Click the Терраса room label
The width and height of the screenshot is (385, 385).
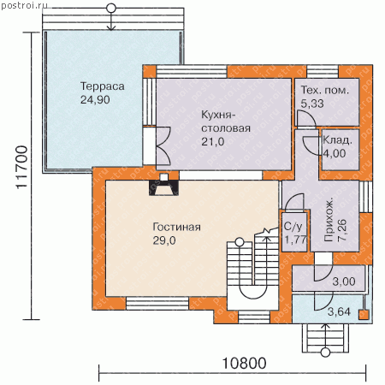pos(103,86)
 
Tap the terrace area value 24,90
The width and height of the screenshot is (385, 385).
pos(95,100)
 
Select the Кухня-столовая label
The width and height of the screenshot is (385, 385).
pos(226,121)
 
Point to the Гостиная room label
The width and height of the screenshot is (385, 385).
pos(177,227)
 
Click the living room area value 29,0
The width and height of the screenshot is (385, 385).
pos(164,240)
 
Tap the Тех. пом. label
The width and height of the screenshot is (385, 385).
pos(325,90)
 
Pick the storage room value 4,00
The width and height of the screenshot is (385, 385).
pos(335,153)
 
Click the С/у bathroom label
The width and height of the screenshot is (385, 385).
pos(293,227)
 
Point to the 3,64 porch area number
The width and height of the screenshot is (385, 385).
pos(339,311)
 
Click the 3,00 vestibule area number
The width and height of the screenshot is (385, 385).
pos(344,281)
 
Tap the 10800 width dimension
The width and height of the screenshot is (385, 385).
pos(244,364)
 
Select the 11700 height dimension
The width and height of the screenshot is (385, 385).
pos(21,167)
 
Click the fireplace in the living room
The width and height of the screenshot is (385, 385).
pos(163,185)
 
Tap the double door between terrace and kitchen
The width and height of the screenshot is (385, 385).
pos(163,145)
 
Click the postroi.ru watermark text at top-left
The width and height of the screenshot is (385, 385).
pos(25,5)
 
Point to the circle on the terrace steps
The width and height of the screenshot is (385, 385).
pos(111,9)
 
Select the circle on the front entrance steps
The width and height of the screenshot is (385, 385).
pos(325,352)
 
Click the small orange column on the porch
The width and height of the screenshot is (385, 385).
pos(364,315)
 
